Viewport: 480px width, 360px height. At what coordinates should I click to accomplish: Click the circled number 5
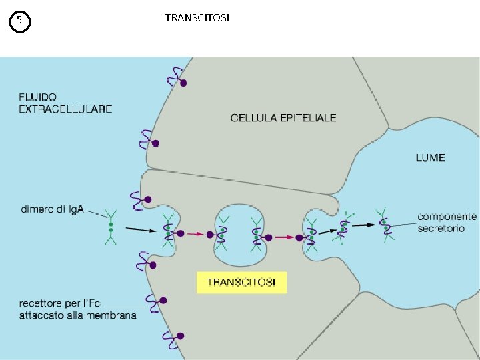point(20,21)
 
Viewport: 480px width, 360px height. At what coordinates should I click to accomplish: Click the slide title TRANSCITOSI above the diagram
point(197,18)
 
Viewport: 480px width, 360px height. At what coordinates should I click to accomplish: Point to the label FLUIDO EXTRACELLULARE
point(65,103)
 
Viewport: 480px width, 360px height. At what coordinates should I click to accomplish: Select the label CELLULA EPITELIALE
point(283,118)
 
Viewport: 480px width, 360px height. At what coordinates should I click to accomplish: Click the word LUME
point(430,158)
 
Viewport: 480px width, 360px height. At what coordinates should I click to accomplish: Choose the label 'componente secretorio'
point(447,223)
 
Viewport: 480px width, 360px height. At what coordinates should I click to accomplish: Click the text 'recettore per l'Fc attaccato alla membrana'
point(78,310)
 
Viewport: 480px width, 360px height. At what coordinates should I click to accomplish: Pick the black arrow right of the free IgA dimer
point(140,229)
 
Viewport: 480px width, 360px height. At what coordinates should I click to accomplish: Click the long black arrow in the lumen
point(363,225)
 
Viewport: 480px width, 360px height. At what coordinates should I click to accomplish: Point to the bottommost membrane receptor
point(172,343)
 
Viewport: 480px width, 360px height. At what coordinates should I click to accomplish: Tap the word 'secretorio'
point(441,229)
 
